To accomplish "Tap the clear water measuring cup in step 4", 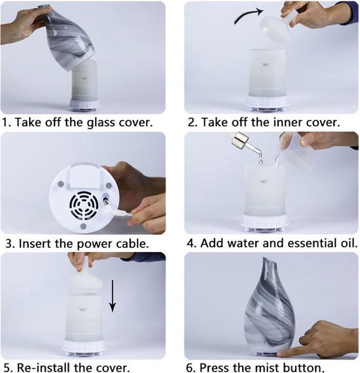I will point(295,155).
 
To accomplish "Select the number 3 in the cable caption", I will point(8,243).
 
